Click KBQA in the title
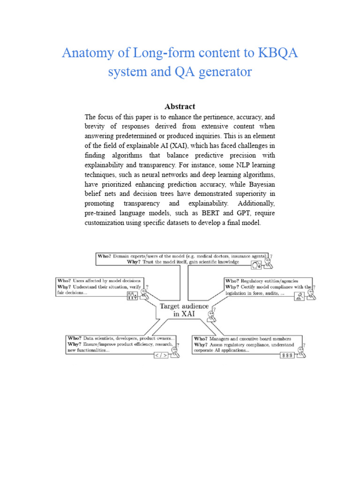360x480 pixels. pyautogui.click(x=277, y=53)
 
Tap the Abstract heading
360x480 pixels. pyautogui.click(x=180, y=106)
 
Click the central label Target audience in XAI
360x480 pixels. pyautogui.click(x=184, y=310)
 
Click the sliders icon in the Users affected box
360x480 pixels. pyautogui.click(x=133, y=296)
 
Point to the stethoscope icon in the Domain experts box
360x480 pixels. pyautogui.click(x=256, y=265)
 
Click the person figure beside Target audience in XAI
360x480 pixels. pyautogui.click(x=212, y=315)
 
